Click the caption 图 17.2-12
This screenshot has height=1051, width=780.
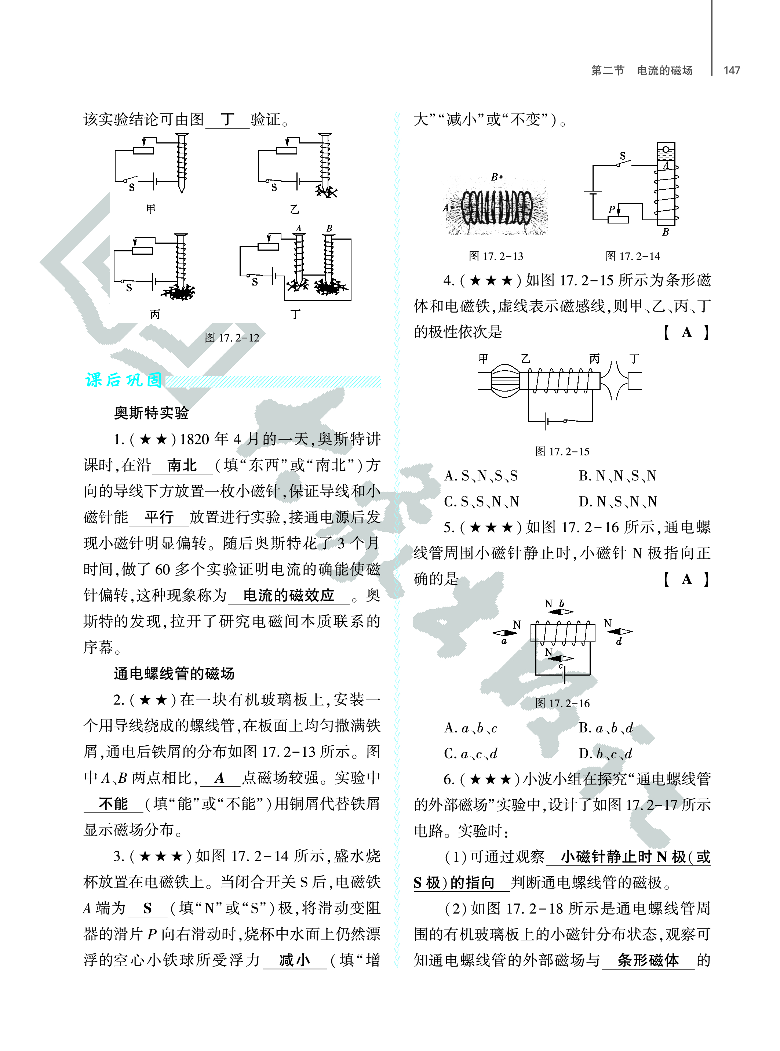point(232,338)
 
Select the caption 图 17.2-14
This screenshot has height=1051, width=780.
point(633,257)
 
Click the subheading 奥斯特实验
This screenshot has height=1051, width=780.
point(151,413)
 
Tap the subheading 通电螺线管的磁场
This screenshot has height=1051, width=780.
point(174,674)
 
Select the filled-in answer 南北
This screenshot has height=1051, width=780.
point(182,466)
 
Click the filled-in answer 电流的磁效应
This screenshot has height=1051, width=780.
point(288,595)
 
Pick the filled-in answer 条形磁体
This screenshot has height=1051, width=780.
point(648,960)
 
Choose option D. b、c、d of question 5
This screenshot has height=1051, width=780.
point(605,754)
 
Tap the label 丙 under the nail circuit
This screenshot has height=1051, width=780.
point(154,314)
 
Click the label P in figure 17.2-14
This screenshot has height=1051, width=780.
point(612,209)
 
